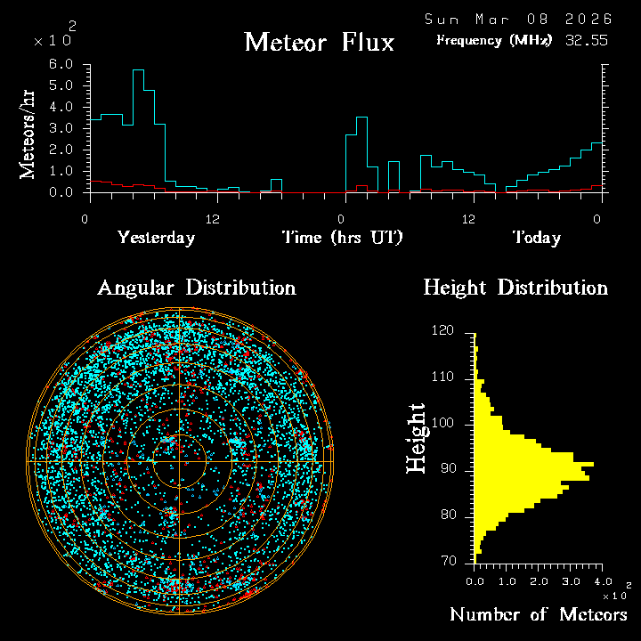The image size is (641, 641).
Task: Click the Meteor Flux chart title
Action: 319,42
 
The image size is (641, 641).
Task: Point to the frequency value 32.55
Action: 586,40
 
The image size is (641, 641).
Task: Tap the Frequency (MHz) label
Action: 494,40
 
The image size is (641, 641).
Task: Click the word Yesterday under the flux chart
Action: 156,238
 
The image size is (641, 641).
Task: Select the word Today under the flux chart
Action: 536,238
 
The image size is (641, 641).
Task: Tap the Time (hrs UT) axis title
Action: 343,238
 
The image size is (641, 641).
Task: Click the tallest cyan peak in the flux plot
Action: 138,70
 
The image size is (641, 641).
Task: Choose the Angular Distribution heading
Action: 196,288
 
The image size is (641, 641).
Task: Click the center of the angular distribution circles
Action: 180,461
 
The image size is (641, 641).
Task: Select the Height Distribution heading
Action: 515,288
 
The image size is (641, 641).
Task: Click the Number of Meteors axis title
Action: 538,614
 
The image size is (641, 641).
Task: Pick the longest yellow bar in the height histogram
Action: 533,465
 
